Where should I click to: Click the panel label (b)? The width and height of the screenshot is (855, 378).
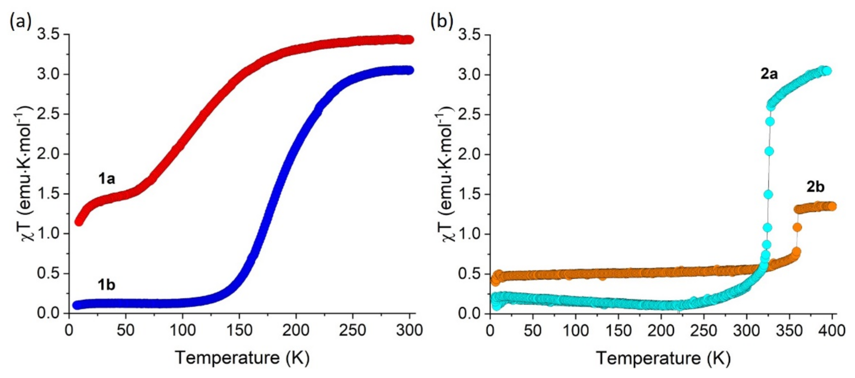pyautogui.click(x=441, y=22)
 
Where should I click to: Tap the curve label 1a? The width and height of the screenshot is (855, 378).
pyautogui.click(x=107, y=179)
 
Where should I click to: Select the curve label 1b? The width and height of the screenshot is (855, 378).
pyautogui.click(x=106, y=285)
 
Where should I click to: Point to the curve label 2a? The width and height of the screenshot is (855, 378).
pyautogui.click(x=769, y=74)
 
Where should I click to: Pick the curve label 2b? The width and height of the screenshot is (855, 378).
pyautogui.click(x=816, y=187)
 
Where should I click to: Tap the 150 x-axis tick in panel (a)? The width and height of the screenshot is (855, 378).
pyautogui.click(x=239, y=330)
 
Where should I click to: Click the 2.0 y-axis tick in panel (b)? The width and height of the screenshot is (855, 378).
pyautogui.click(x=470, y=154)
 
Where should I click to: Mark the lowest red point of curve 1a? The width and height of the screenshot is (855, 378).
pyautogui.click(x=79, y=222)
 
